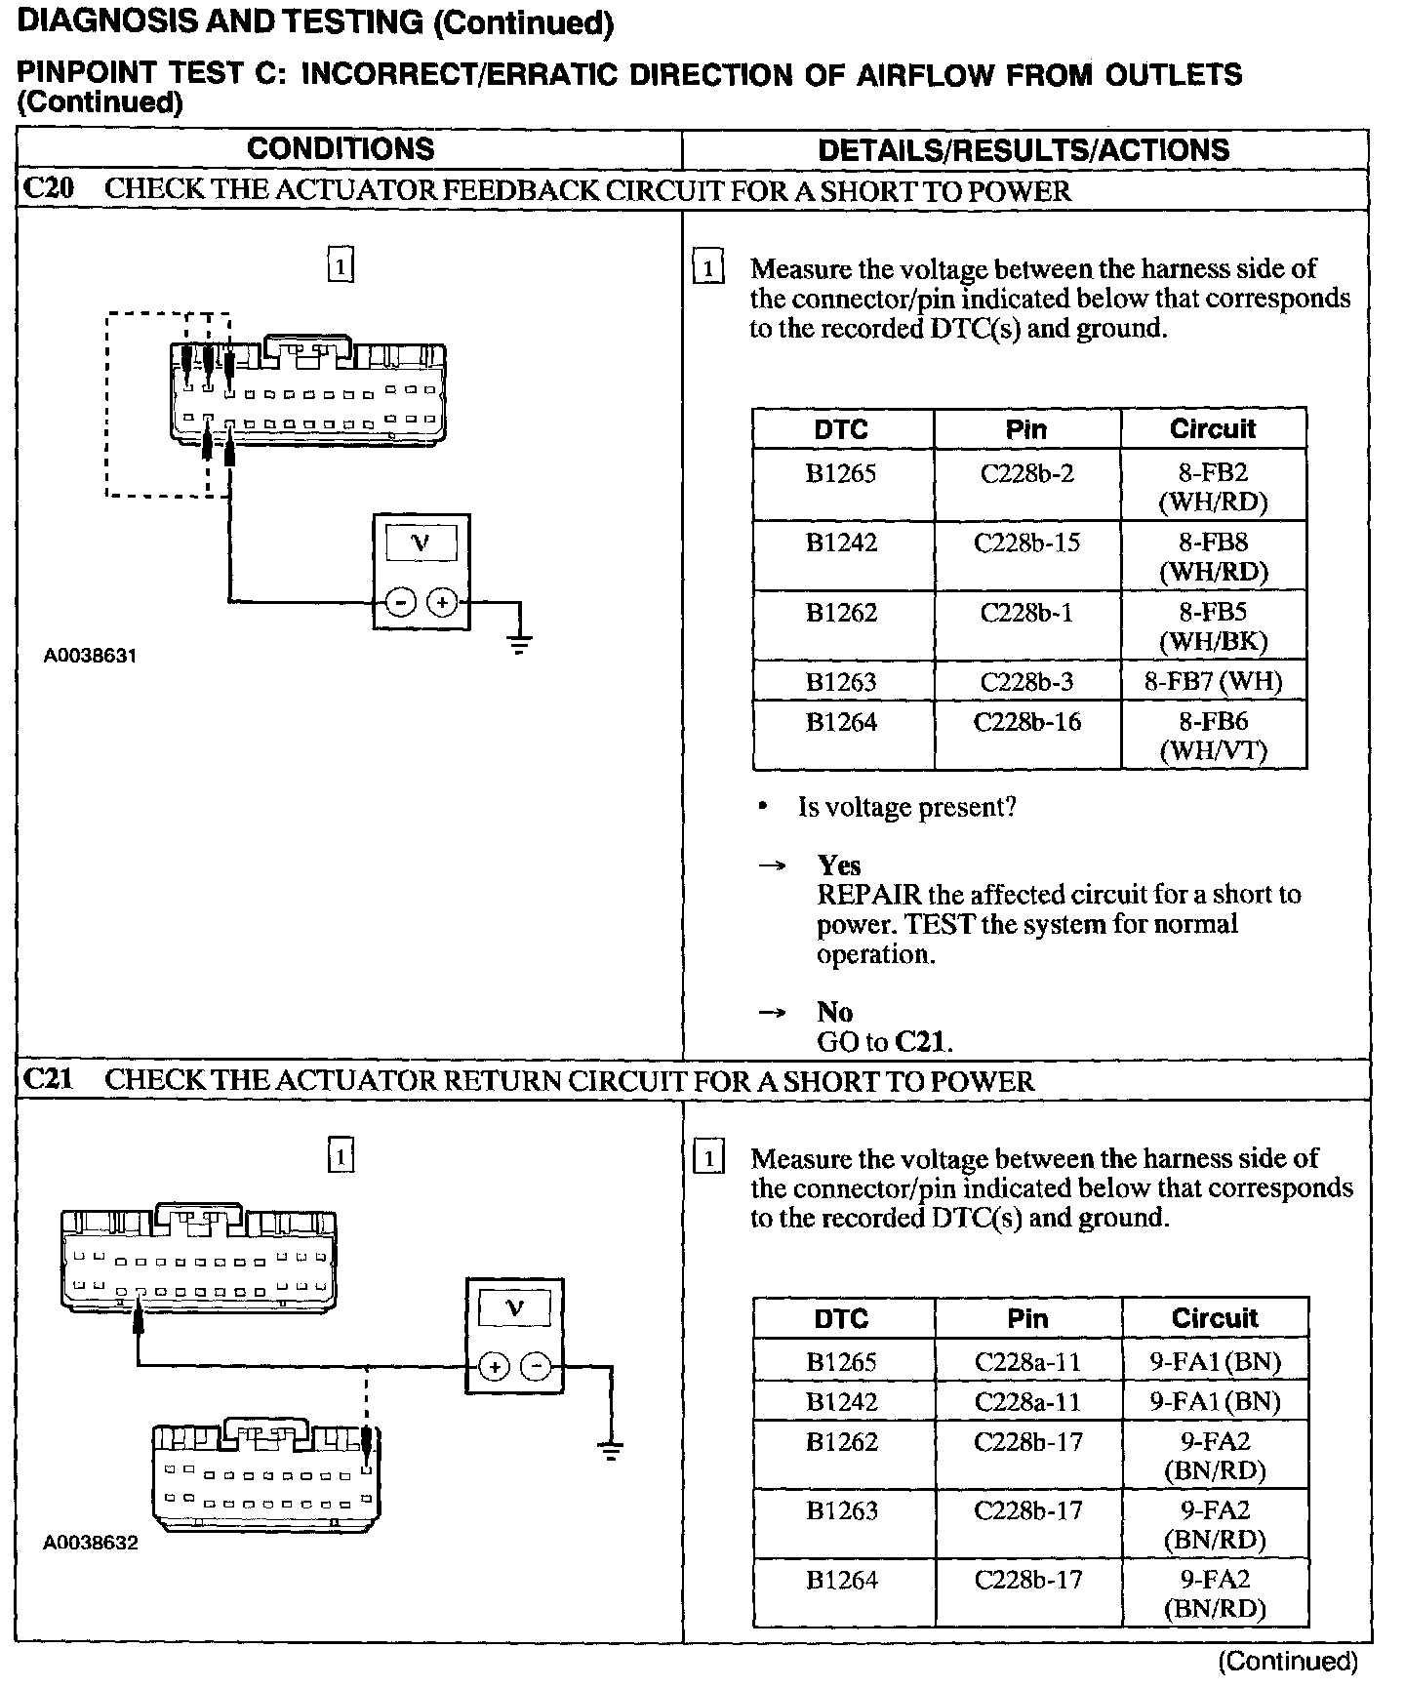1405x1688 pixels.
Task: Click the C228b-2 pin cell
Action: coord(1026,474)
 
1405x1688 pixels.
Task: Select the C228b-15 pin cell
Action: coord(1026,543)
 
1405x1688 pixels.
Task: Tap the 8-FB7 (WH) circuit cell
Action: coord(1213,681)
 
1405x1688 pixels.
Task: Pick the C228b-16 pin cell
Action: coord(1026,722)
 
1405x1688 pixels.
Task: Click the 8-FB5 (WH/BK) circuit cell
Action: coord(1213,625)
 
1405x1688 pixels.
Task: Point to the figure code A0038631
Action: coord(90,656)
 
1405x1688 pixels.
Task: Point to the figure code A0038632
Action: coord(90,1543)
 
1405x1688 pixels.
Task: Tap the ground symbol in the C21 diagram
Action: coord(611,1450)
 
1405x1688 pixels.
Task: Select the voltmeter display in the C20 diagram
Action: coord(421,543)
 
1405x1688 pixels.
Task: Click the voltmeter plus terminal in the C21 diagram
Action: coord(495,1367)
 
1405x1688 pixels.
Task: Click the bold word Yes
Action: coord(839,865)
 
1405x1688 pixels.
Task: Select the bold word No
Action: coord(835,1012)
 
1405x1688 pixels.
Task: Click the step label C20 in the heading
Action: coord(48,189)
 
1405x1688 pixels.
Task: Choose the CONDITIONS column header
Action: coord(341,149)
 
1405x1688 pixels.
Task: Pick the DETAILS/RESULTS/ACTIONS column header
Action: coord(1024,150)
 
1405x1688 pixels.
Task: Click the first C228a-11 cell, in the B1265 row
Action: coord(1027,1362)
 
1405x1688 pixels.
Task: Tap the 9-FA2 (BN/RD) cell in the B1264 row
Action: coord(1215,1593)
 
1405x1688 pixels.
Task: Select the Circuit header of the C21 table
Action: coord(1215,1318)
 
